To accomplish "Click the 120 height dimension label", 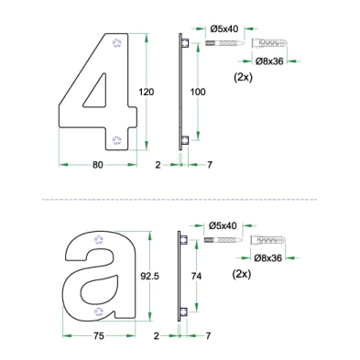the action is (x=147, y=92).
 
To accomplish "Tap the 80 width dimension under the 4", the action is (x=98, y=165).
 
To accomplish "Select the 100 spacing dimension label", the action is (x=198, y=92).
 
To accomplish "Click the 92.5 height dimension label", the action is (x=149, y=276).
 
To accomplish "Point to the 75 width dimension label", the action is (x=99, y=336).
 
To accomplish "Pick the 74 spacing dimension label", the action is (x=196, y=276).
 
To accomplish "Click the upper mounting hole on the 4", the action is (x=116, y=43).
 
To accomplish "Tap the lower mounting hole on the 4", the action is (x=116, y=140).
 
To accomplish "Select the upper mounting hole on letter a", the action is (x=99, y=240).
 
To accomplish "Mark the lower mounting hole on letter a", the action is (x=99, y=311).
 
